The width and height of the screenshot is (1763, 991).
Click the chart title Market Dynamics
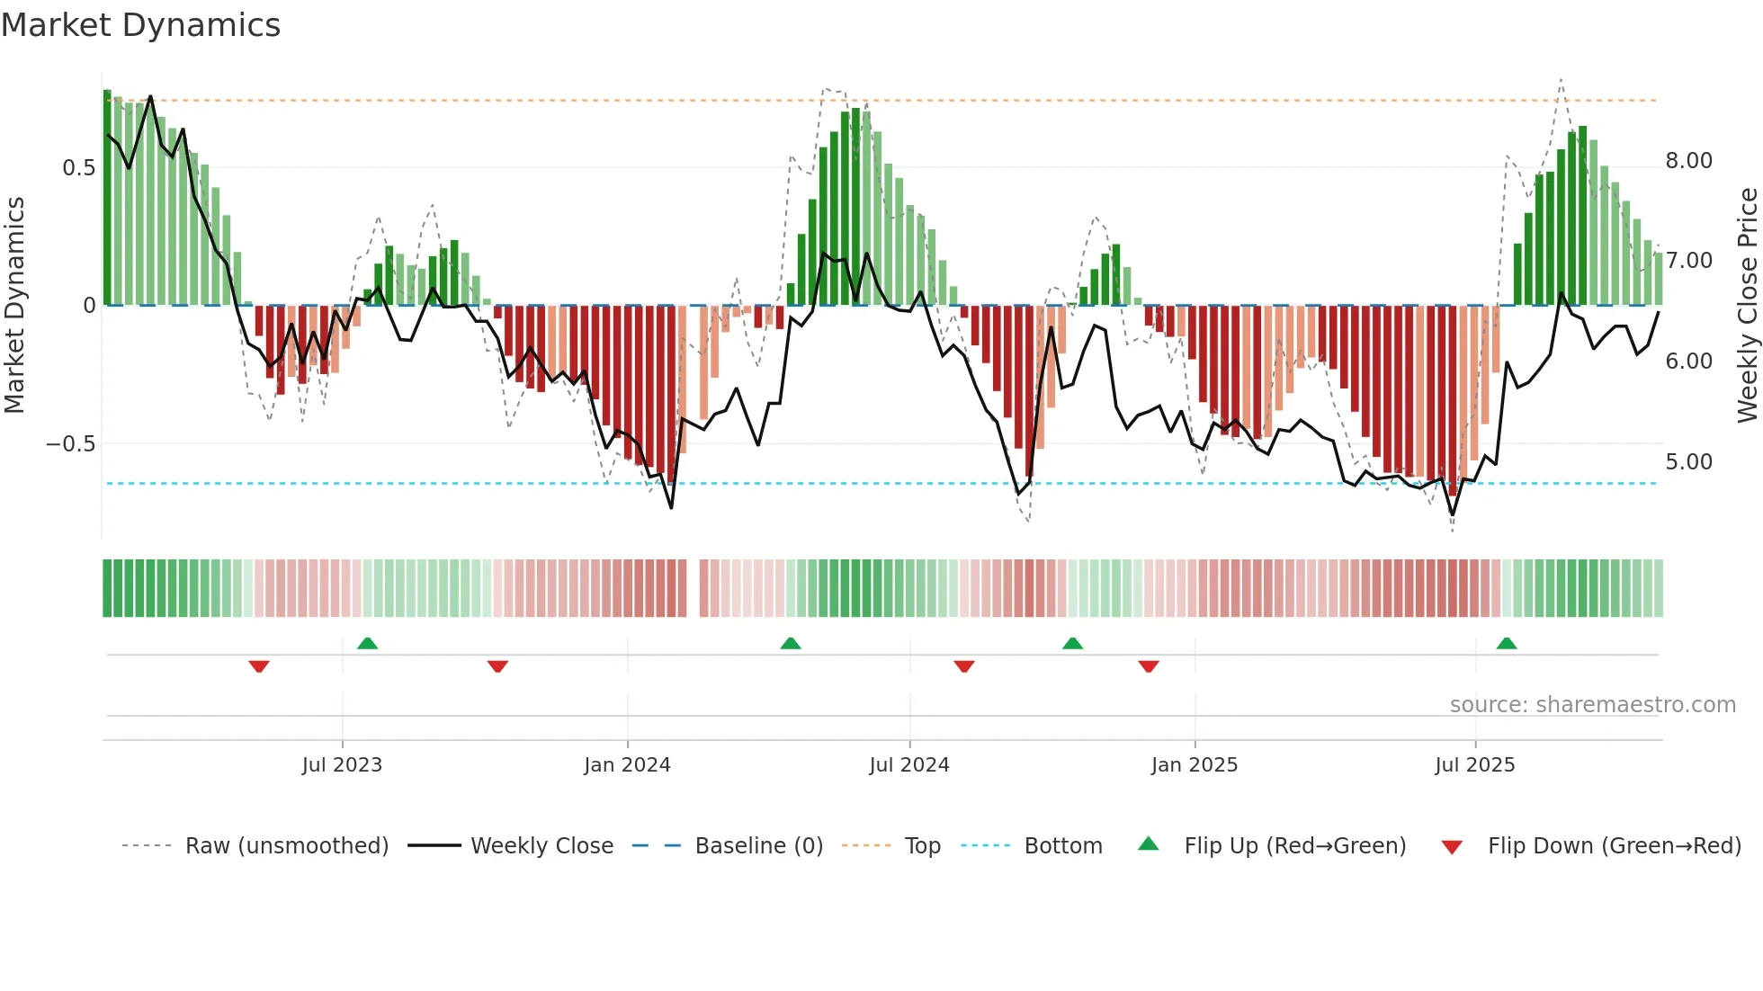[141, 25]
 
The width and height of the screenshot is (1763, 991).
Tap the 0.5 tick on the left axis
[78, 168]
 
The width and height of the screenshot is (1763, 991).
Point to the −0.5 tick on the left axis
[70, 444]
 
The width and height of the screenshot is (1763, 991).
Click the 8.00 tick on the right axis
[1688, 161]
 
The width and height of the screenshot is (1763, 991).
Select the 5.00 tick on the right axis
[1688, 462]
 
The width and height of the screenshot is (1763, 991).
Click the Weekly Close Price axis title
[1747, 305]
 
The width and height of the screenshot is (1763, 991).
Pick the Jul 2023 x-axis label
[342, 765]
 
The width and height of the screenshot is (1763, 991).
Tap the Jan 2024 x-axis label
[627, 765]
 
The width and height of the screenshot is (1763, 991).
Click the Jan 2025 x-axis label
[1195, 765]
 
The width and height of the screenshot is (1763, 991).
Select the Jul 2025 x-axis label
[1475, 765]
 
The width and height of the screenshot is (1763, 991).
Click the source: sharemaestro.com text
[1592, 705]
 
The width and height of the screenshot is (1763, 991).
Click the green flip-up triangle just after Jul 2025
[1507, 644]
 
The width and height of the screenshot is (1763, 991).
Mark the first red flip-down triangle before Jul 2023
[259, 666]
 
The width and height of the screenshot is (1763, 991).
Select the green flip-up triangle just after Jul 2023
[367, 644]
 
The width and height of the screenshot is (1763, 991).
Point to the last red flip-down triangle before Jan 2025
[1149, 666]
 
